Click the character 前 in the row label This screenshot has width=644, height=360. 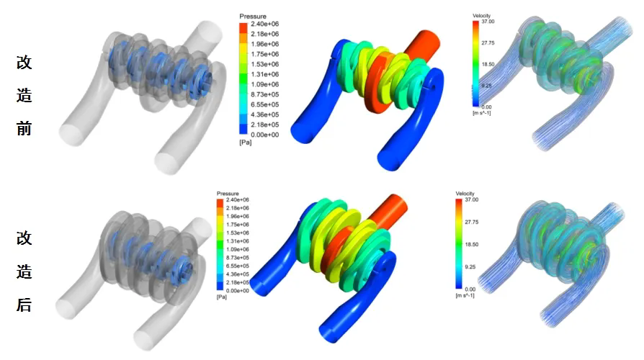[x=24, y=128]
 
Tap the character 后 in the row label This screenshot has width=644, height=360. [x=24, y=305]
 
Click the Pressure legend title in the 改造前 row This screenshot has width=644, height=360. [x=253, y=17]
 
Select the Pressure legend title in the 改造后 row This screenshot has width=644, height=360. [x=228, y=194]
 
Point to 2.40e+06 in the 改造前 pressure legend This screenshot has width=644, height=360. [x=265, y=24]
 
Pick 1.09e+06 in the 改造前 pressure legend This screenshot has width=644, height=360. [x=265, y=84]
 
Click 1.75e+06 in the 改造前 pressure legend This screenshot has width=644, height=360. [x=265, y=54]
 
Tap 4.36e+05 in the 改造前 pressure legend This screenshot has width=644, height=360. [x=265, y=114]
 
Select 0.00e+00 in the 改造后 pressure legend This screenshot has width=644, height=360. [x=238, y=291]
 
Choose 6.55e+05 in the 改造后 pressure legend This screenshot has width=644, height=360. [x=238, y=266]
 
